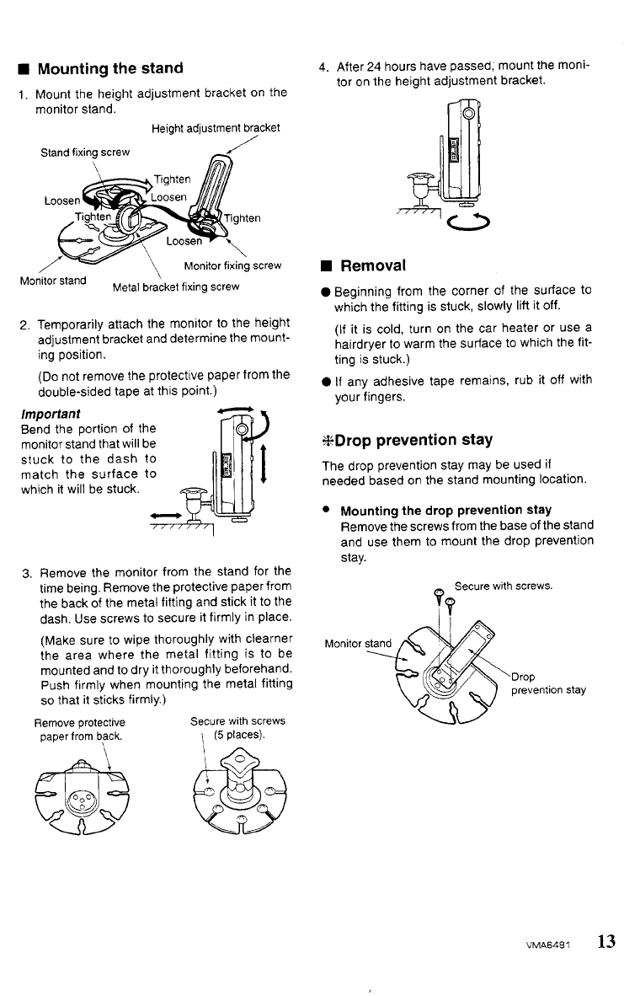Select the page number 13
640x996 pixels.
[607, 942]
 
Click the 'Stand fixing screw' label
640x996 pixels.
[85, 153]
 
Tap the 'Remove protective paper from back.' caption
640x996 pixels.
[79, 728]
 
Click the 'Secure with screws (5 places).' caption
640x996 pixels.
[237, 728]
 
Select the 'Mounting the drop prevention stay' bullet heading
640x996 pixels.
[445, 510]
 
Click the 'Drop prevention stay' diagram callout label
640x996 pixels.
[548, 683]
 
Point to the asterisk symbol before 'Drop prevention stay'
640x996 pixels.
[328, 441]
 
